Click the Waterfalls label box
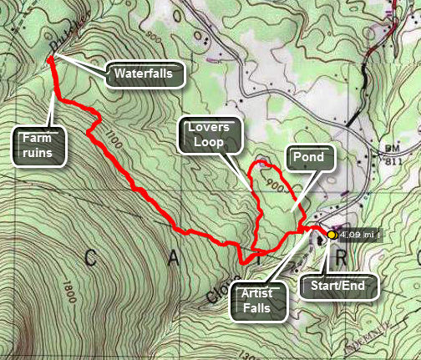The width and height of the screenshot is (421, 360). (143, 74)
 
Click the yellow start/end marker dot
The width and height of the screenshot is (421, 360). (332, 236)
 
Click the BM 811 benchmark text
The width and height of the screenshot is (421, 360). (395, 160)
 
